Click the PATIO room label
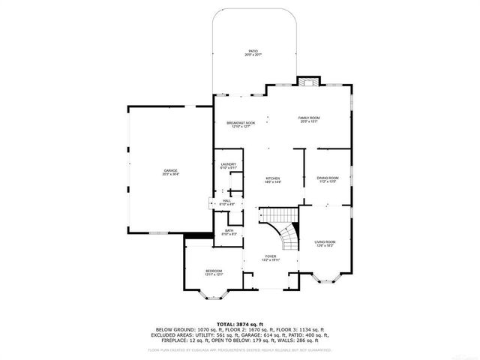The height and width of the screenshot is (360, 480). tap(253, 52)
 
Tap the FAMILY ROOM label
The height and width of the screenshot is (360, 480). tap(309, 119)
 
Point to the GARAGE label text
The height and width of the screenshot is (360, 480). tap(171, 172)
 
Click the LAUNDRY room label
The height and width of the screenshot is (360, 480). tap(228, 166)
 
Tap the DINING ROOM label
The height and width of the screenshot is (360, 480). tap(328, 179)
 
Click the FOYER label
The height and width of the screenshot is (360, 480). tap(270, 258)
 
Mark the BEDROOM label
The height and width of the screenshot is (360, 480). tap(214, 272)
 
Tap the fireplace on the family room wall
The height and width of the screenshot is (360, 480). tap(307, 82)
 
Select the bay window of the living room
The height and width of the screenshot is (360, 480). tap(326, 280)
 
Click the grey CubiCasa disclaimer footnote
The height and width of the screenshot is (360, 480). tap(239, 349)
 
